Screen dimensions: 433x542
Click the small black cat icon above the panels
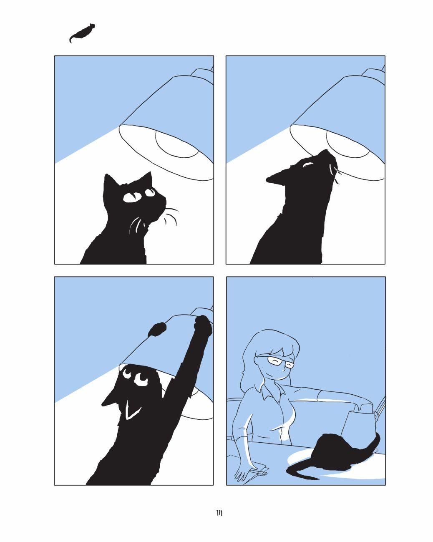(82, 33)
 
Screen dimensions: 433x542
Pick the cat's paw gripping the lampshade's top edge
(203, 325)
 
